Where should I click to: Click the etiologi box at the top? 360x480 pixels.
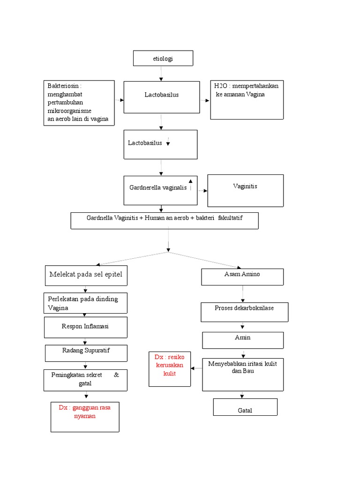(x=163, y=58)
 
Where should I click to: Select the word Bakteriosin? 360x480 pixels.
(x=63, y=86)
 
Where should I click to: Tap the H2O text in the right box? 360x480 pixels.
(x=220, y=86)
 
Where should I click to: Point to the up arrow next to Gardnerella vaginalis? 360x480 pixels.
(x=190, y=185)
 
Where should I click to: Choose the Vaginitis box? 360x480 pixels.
(x=246, y=191)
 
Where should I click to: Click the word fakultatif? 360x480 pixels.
(x=230, y=218)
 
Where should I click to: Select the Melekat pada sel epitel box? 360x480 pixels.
(x=86, y=276)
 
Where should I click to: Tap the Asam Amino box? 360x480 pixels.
(x=242, y=277)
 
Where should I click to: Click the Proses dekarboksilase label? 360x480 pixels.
(x=244, y=308)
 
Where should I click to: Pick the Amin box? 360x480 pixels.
(x=243, y=340)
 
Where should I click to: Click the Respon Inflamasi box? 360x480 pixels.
(x=86, y=327)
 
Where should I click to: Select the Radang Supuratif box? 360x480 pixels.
(x=86, y=353)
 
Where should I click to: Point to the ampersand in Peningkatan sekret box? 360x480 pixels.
(x=116, y=375)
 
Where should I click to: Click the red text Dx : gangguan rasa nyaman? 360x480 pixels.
(x=84, y=412)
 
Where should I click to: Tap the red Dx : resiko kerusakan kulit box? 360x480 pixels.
(x=170, y=369)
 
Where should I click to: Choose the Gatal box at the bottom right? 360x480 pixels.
(x=245, y=407)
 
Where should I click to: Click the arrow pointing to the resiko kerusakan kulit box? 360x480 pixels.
(x=196, y=368)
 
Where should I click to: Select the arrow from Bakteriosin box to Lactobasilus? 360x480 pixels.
(x=120, y=100)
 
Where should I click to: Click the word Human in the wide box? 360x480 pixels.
(x=155, y=218)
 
